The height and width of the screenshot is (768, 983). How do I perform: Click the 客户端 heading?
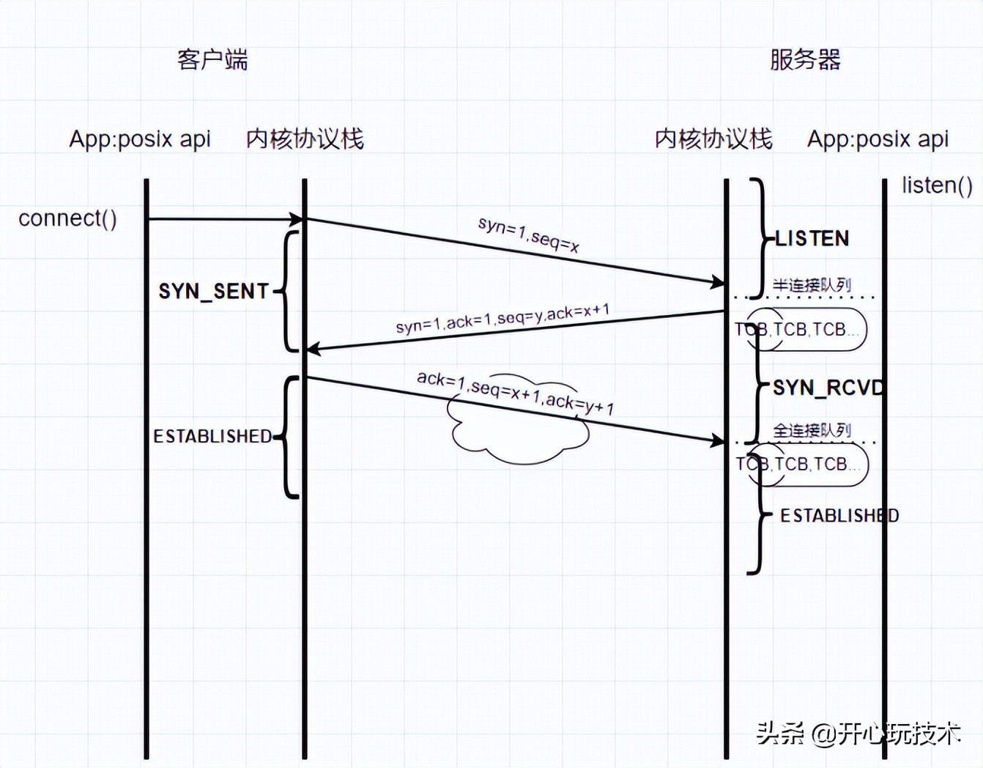click(212, 59)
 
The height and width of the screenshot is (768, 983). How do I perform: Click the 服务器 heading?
click(805, 59)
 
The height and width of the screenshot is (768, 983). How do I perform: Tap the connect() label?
click(67, 218)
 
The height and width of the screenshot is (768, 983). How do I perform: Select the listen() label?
click(937, 185)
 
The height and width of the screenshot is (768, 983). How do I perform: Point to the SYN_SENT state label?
click(214, 291)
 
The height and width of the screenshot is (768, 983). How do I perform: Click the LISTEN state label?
click(812, 238)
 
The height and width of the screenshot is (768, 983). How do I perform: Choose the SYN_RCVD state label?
click(828, 387)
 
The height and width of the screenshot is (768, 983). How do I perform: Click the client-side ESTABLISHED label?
click(212, 436)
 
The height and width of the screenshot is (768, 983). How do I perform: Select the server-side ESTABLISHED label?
click(839, 515)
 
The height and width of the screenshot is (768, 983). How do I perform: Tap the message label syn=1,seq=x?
click(528, 235)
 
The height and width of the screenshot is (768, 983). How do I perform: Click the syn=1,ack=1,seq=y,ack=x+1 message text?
click(502, 319)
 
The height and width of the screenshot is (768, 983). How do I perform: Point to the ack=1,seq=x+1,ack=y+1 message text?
click(515, 392)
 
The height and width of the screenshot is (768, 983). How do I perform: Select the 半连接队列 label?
click(812, 285)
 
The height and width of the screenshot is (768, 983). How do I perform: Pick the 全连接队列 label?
click(812, 430)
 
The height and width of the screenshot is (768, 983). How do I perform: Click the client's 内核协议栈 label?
click(305, 139)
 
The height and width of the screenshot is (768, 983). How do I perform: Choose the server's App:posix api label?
click(878, 139)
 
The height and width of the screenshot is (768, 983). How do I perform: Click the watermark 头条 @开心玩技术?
click(858, 732)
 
